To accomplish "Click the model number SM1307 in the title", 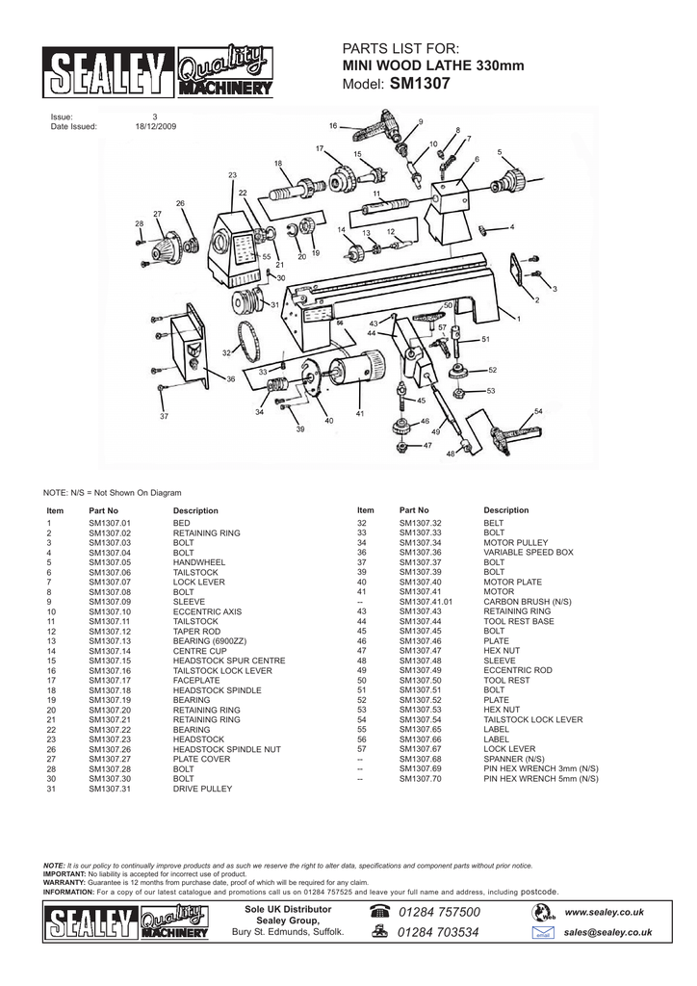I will [420, 85].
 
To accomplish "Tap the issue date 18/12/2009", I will [156, 126].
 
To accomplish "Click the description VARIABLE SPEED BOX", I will [529, 553].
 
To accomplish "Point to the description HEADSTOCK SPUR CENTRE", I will [229, 661].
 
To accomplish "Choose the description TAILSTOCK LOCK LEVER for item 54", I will [532, 719].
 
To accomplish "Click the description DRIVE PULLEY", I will [203, 789].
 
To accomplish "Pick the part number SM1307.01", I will [109, 523].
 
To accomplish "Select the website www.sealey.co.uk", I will [604, 912].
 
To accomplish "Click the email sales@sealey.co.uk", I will [608, 932].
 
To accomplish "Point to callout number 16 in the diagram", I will [333, 125].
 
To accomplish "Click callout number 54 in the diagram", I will [538, 411].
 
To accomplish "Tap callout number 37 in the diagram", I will [164, 416].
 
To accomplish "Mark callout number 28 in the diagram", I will [140, 223].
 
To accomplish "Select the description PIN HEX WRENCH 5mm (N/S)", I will [541, 778].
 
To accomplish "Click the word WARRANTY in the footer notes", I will [65, 882].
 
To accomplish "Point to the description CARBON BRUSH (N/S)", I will [528, 602].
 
